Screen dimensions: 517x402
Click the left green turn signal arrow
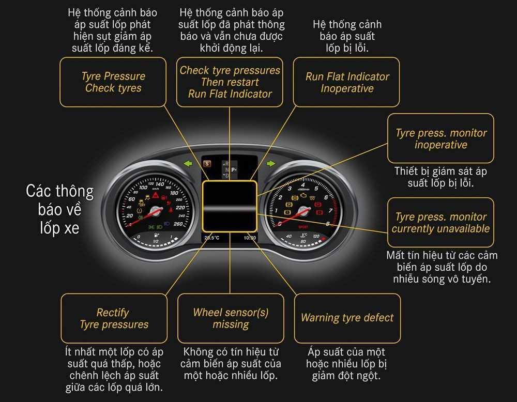click(188, 163)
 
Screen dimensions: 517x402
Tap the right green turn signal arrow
click(271, 163)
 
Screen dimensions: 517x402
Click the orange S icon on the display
click(207, 164)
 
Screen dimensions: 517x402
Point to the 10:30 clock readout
click(250, 238)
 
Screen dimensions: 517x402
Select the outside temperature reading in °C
click(211, 238)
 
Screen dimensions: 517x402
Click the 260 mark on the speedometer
click(178, 224)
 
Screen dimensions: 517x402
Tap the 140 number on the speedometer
click(160, 184)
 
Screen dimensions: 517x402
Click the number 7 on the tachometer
click(330, 210)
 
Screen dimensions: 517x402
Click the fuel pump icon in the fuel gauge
click(156, 236)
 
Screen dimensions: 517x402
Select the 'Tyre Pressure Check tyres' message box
click(113, 82)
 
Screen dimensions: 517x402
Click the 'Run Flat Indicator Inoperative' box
click(346, 82)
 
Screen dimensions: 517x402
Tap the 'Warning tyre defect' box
click(347, 318)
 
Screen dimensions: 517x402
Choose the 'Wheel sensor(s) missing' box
click(231, 318)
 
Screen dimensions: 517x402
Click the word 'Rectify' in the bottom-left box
click(113, 312)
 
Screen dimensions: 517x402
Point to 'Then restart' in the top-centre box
click(230, 82)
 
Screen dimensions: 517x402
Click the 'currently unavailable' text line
click(440, 229)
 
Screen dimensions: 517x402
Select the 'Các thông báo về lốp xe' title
click(59, 210)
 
